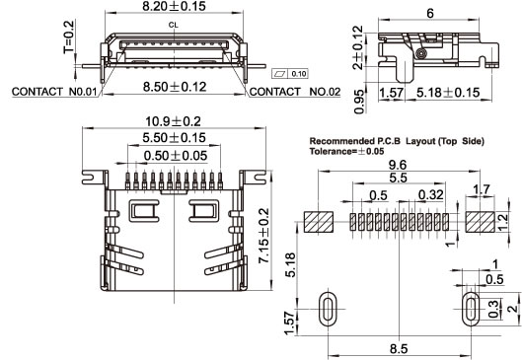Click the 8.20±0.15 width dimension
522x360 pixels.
click(x=174, y=6)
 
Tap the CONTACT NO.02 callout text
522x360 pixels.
click(x=295, y=92)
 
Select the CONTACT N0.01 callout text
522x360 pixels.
click(x=54, y=92)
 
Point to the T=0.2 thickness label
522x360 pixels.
click(x=68, y=36)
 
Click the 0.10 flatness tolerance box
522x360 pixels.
click(x=290, y=74)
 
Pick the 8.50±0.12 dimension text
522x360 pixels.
click(x=175, y=87)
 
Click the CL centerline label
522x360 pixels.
click(x=173, y=25)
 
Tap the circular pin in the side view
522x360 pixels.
click(x=421, y=53)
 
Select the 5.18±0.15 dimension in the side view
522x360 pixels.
click(x=448, y=93)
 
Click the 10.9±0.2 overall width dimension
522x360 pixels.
click(x=173, y=121)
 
